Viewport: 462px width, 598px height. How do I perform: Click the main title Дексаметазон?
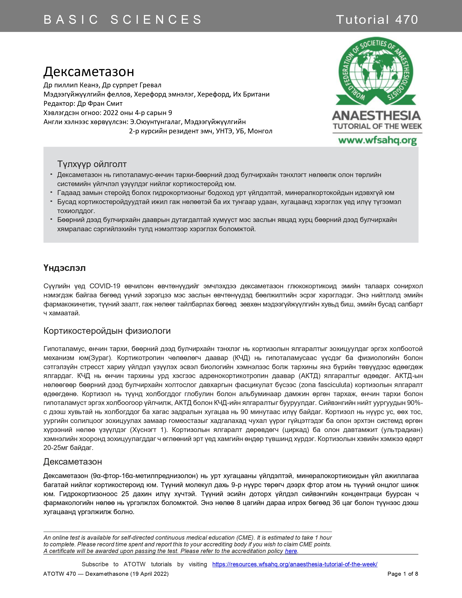(x=89, y=72)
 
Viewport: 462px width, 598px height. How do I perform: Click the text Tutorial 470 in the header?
(x=377, y=20)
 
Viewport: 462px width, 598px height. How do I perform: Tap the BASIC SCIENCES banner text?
(x=123, y=20)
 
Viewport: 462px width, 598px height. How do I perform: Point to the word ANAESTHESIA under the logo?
(x=376, y=116)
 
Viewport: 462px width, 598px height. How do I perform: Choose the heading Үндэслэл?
(x=65, y=268)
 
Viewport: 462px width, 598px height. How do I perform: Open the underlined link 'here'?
(x=291, y=551)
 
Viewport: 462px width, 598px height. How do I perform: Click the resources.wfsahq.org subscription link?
(x=295, y=564)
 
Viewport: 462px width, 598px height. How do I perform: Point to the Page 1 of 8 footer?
(x=403, y=574)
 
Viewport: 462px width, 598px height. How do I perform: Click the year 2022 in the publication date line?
(x=110, y=113)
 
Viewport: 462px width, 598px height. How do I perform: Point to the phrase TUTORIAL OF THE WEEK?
(x=377, y=126)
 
